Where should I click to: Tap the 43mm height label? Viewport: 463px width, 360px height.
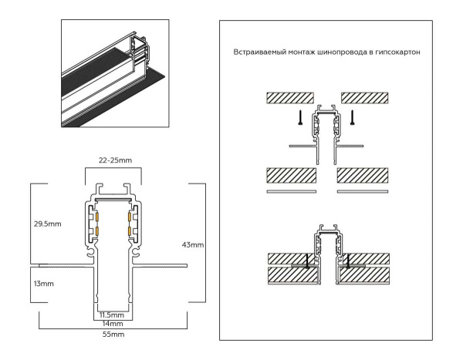[x=192, y=244]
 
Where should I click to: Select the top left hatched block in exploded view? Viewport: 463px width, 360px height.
[x=289, y=98]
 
